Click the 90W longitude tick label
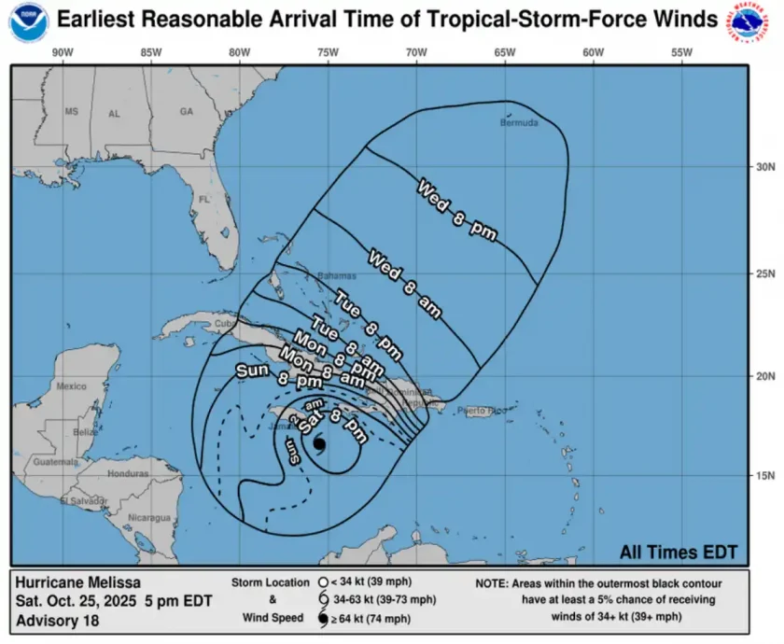(x=63, y=52)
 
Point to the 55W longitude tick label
(x=681, y=52)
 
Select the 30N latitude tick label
(x=764, y=167)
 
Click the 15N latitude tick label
(x=764, y=476)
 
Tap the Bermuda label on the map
(x=520, y=122)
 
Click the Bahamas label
(x=336, y=276)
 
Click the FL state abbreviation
(x=204, y=200)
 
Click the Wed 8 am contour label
(x=404, y=285)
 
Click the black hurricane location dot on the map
(x=318, y=445)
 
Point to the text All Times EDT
(x=679, y=553)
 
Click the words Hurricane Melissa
(x=77, y=582)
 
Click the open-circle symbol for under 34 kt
(x=322, y=582)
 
